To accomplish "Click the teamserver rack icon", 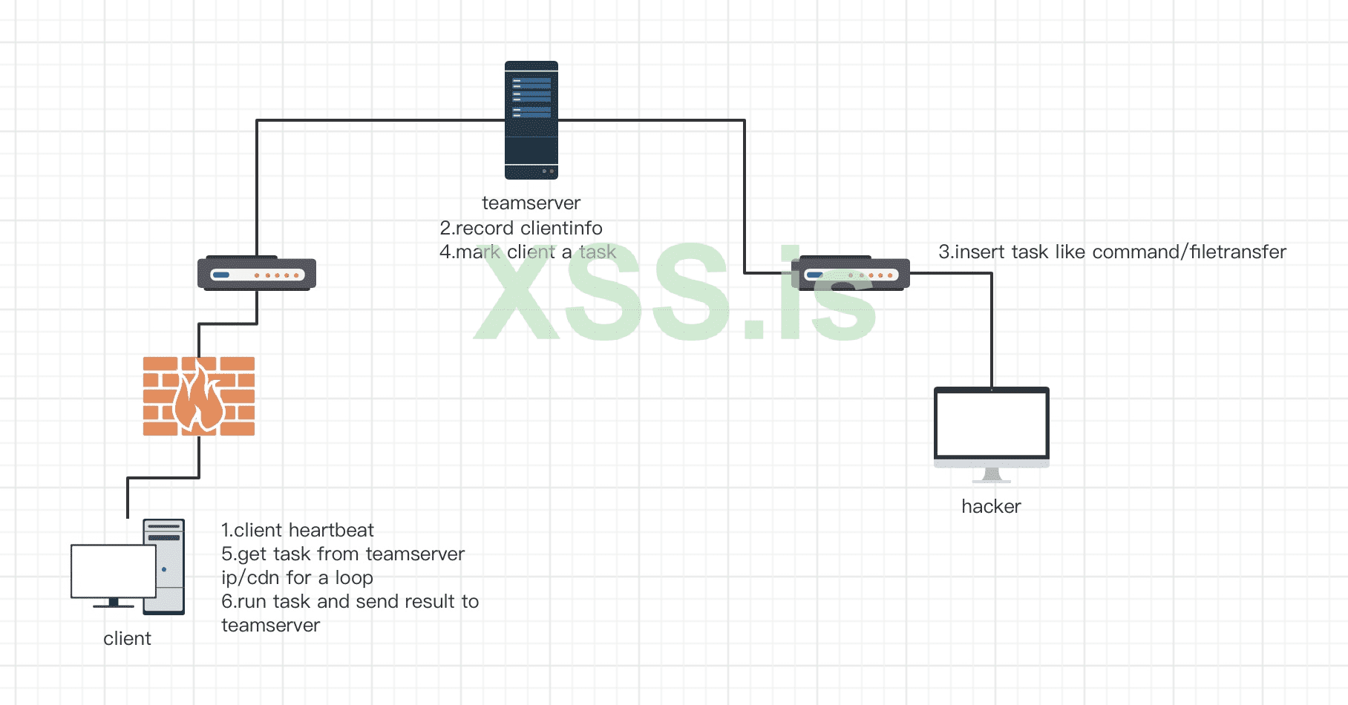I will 531,120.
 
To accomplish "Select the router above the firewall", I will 257,273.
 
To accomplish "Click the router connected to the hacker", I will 851,273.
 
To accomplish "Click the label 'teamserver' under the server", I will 531,203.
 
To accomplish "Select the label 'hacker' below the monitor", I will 991,507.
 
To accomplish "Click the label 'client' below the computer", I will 127,639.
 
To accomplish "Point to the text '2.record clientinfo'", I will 520,229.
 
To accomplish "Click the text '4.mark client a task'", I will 527,252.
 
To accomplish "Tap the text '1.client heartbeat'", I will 297,531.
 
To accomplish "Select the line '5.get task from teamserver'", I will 342,554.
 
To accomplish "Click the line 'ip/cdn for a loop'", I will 297,578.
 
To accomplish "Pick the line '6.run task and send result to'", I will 350,602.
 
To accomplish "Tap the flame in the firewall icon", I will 199,401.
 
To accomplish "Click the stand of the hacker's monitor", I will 992,475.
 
